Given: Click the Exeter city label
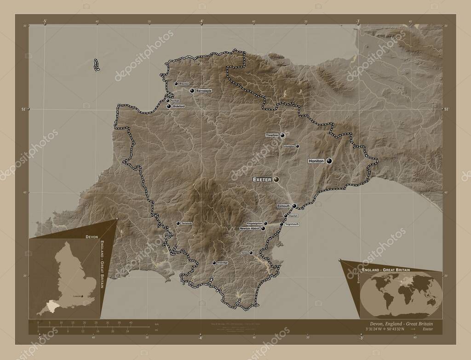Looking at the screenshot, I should pyautogui.click(x=262, y=179).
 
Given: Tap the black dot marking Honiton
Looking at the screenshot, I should pyautogui.click(x=329, y=161).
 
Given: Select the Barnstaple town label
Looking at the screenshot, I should pyautogui.click(x=204, y=91).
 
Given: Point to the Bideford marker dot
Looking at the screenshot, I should pyautogui.click(x=169, y=107).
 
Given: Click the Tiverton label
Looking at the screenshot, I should pyautogui.click(x=272, y=136).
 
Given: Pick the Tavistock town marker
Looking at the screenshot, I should pyautogui.click(x=178, y=223).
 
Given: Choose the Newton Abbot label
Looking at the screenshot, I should pyautogui.click(x=250, y=228).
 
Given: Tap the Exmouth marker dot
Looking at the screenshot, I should pyautogui.click(x=294, y=206).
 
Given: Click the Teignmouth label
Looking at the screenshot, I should pyautogui.click(x=292, y=224).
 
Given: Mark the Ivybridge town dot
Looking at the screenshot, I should pyautogui.click(x=213, y=263).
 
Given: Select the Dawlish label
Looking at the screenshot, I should pyautogui.click(x=294, y=216).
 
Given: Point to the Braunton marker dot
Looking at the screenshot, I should pyautogui.click(x=176, y=84).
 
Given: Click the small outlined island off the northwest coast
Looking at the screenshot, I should pyautogui.click(x=97, y=65).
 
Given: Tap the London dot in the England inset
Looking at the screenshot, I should pyautogui.click(x=82, y=297).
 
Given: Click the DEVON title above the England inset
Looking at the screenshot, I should pyautogui.click(x=92, y=235).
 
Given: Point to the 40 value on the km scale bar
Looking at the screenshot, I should pyautogui.click(x=131, y=323).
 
